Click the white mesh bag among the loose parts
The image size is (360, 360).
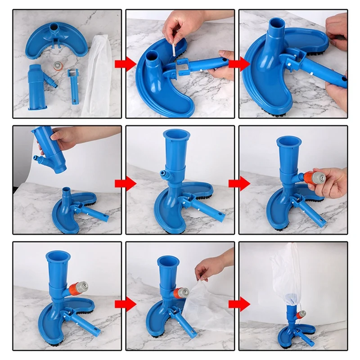98,72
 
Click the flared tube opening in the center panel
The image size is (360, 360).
177,135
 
